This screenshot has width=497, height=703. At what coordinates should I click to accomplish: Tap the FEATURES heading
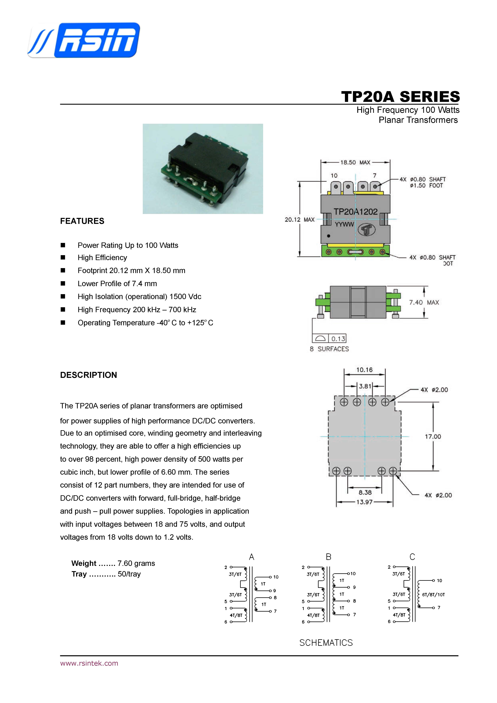[82, 221]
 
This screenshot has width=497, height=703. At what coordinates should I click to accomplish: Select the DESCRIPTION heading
[88, 375]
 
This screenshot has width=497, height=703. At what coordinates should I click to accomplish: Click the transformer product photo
[203, 169]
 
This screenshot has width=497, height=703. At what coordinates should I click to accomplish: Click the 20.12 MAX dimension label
[300, 219]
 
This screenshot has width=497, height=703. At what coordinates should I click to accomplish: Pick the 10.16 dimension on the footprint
[364, 370]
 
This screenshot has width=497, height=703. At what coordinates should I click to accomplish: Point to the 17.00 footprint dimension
[433, 437]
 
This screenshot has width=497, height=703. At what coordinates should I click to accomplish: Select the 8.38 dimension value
[365, 492]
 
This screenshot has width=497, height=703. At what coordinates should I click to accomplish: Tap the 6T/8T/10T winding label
[433, 595]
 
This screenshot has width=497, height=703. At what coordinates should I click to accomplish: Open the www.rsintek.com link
[89, 663]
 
